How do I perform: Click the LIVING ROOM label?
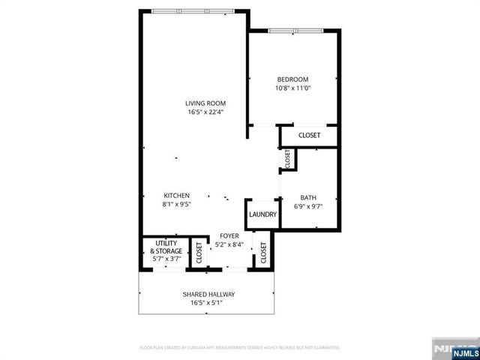tap(206, 103)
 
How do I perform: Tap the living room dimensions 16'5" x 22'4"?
tap(206, 112)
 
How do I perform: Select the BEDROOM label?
tap(292, 79)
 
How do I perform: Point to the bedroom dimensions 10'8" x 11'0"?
tap(292, 88)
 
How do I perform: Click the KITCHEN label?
tap(176, 196)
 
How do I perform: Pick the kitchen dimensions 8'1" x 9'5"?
tap(176, 204)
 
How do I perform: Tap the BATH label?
tap(309, 198)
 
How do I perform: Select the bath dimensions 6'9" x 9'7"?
tap(309, 207)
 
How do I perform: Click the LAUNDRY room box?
tap(262, 214)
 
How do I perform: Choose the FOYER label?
tap(229, 236)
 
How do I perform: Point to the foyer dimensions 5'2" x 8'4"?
tap(229, 244)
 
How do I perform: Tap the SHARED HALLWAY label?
tap(209, 295)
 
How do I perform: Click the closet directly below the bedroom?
tap(309, 136)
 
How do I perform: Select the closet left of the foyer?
tap(199, 253)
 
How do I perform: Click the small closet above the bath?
tap(287, 158)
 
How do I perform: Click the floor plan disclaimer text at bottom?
tap(240, 348)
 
